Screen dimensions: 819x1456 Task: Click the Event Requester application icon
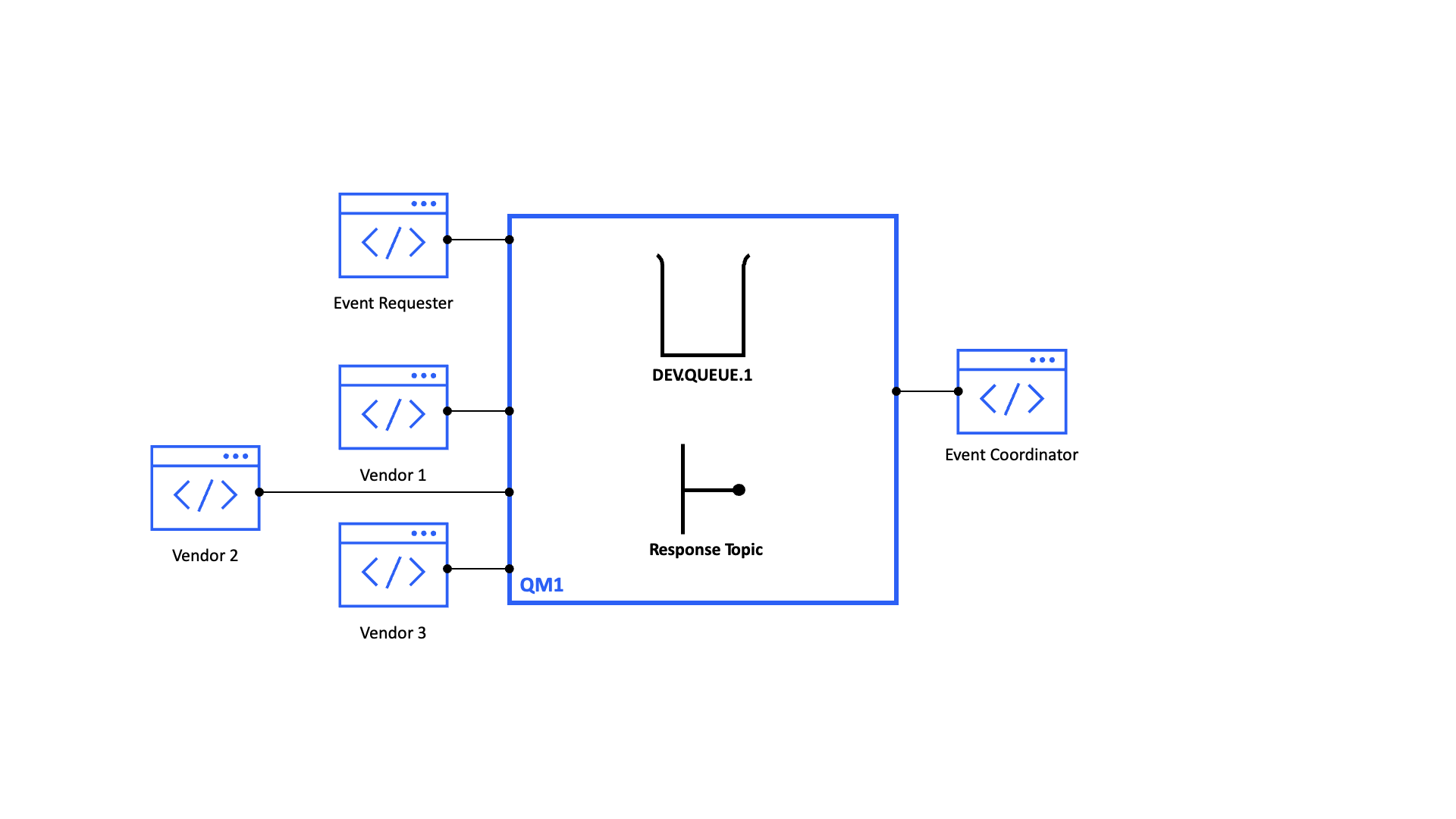point(393,236)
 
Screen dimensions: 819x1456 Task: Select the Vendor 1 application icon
point(393,408)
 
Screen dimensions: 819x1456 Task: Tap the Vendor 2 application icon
point(206,488)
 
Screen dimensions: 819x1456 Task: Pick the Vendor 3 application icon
point(393,565)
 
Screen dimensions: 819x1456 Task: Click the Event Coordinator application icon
point(1012,392)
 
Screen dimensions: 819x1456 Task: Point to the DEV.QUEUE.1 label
point(702,375)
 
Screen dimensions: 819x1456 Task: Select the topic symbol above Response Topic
point(698,490)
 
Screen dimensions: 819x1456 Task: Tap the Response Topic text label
point(705,549)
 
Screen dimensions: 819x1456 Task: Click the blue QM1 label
point(541,585)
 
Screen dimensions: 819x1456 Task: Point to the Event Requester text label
point(393,303)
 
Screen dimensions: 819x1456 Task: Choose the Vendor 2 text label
point(205,555)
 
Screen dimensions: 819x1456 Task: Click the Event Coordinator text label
point(1011,455)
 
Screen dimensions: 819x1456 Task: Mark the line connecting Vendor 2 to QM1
point(384,492)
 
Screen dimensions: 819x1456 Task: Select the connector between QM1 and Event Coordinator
point(927,391)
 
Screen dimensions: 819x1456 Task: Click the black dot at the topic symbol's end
point(739,490)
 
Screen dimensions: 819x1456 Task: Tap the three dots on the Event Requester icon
point(423,204)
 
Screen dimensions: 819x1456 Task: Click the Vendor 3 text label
point(393,632)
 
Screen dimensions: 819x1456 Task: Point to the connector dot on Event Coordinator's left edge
point(959,391)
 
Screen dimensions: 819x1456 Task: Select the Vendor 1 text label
point(393,475)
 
